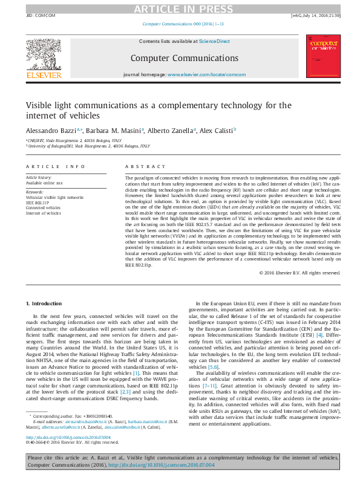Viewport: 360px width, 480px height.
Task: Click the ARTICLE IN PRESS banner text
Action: [x=180, y=8]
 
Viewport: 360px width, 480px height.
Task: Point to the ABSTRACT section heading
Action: [x=141, y=166]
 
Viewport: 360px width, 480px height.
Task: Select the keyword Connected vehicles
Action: [x=44, y=207]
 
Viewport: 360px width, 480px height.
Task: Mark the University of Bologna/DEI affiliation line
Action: [x=89, y=146]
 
